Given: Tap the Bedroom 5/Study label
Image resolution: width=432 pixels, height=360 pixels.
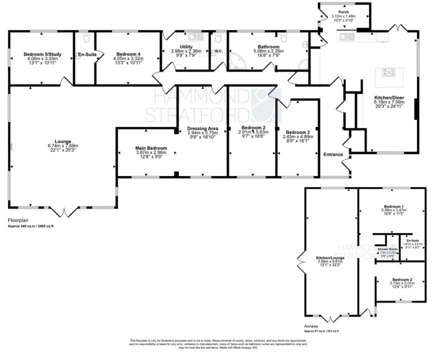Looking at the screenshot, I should (x=43, y=55).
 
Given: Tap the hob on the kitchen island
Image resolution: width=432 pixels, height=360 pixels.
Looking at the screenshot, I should (x=390, y=72).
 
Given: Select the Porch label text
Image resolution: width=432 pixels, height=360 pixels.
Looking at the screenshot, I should (x=343, y=12).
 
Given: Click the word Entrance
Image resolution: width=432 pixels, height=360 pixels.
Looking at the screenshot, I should (x=333, y=154).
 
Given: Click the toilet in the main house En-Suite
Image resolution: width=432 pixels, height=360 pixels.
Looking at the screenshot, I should (x=86, y=37).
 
